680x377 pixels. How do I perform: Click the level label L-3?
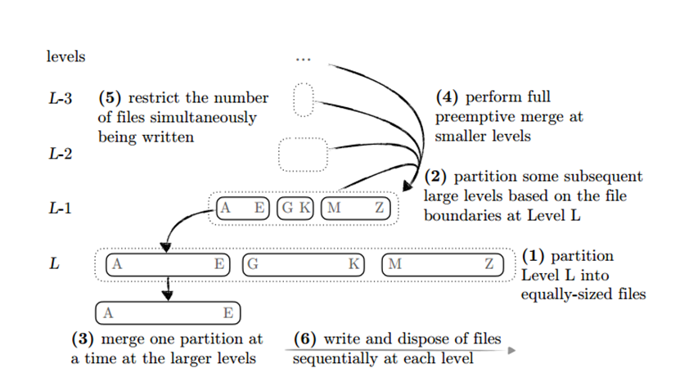coord(60,99)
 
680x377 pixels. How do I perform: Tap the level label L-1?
coord(60,209)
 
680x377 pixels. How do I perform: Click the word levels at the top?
coord(65,57)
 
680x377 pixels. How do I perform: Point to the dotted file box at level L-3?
coord(304,101)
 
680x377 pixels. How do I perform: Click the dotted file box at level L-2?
coord(303,155)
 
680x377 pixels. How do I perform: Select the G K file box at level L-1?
coord(296,208)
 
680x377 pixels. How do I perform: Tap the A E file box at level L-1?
coord(243,208)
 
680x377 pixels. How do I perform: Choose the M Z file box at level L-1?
coord(355,208)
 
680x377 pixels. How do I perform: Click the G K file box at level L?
coord(304,264)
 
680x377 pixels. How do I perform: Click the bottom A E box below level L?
coord(169,312)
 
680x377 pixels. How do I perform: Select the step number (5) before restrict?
coord(110,98)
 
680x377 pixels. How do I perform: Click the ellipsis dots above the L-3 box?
coord(303,60)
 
